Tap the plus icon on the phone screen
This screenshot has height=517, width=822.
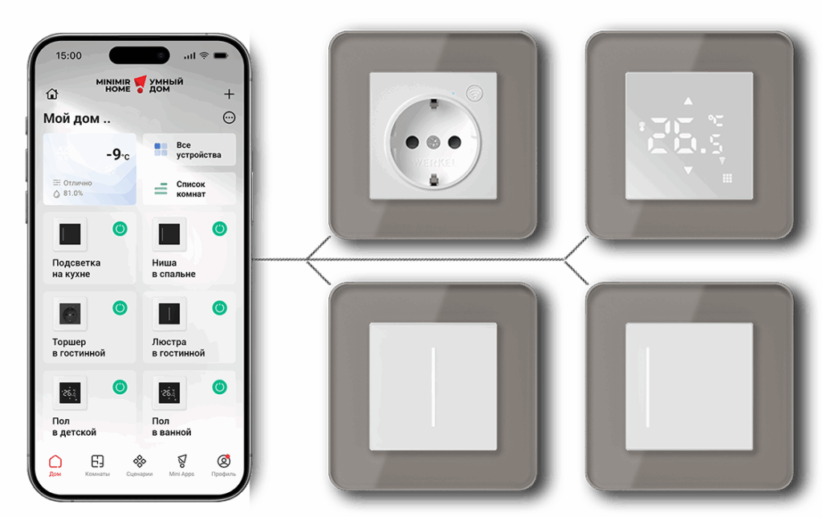pos(229,94)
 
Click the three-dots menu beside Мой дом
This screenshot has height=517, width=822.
pos(229,117)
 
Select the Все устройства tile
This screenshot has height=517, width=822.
pos(189,150)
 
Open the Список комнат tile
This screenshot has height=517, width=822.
pos(189,189)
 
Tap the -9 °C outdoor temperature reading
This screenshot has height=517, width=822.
pos(118,154)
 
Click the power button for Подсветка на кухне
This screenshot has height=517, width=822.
pos(120,229)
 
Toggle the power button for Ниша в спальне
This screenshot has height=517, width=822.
pos(220,229)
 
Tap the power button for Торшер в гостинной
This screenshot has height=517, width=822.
pos(120,308)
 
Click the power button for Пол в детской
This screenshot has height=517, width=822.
pos(120,388)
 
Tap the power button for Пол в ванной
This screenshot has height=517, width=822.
pos(220,388)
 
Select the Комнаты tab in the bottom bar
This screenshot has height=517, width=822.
pos(97,466)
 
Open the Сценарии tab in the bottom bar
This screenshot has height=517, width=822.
pos(140,466)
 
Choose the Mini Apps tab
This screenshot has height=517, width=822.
pos(181,466)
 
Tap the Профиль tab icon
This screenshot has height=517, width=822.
pos(224,462)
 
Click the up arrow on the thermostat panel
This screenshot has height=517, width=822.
pos(688,100)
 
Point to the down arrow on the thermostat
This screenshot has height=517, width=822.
pos(688,170)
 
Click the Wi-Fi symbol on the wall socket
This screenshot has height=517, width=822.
pos(475,93)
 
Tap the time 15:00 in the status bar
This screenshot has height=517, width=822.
pos(69,55)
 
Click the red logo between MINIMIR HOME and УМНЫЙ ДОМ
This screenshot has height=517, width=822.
pos(140,84)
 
